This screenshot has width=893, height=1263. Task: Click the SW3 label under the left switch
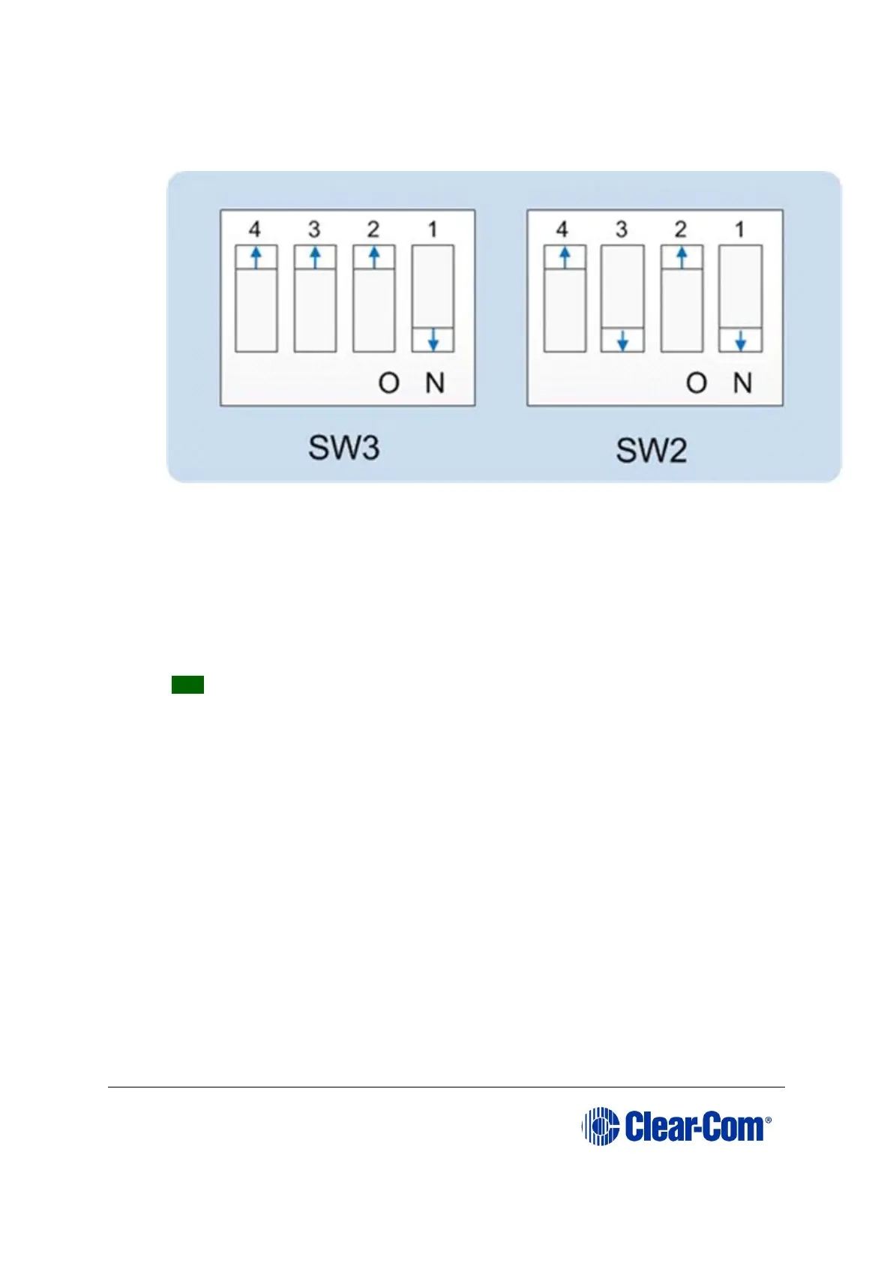[344, 448]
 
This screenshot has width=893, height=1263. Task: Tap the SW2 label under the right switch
[651, 450]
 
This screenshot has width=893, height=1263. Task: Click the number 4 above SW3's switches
[255, 229]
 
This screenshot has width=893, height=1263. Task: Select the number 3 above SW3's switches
[314, 229]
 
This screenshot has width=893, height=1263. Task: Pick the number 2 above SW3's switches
[373, 229]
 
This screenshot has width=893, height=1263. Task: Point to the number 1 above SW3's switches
[433, 229]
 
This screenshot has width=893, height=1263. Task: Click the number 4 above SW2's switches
[562, 229]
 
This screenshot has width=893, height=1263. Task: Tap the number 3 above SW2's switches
[622, 229]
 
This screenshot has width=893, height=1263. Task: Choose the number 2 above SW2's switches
[681, 229]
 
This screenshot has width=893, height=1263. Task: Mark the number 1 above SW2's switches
[740, 229]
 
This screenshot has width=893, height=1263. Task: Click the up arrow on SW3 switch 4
[256, 257]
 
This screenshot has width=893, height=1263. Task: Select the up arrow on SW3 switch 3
[315, 257]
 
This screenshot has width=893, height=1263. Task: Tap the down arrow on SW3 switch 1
[433, 340]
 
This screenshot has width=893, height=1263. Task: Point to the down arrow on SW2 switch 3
[622, 340]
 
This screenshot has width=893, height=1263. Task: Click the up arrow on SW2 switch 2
[682, 257]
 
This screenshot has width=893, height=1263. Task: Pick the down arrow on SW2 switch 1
[740, 340]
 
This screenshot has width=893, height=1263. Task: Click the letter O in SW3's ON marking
[389, 383]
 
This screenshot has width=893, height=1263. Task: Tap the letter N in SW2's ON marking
[742, 383]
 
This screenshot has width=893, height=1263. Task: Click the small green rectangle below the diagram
[187, 684]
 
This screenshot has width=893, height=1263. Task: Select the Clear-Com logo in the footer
[676, 1126]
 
